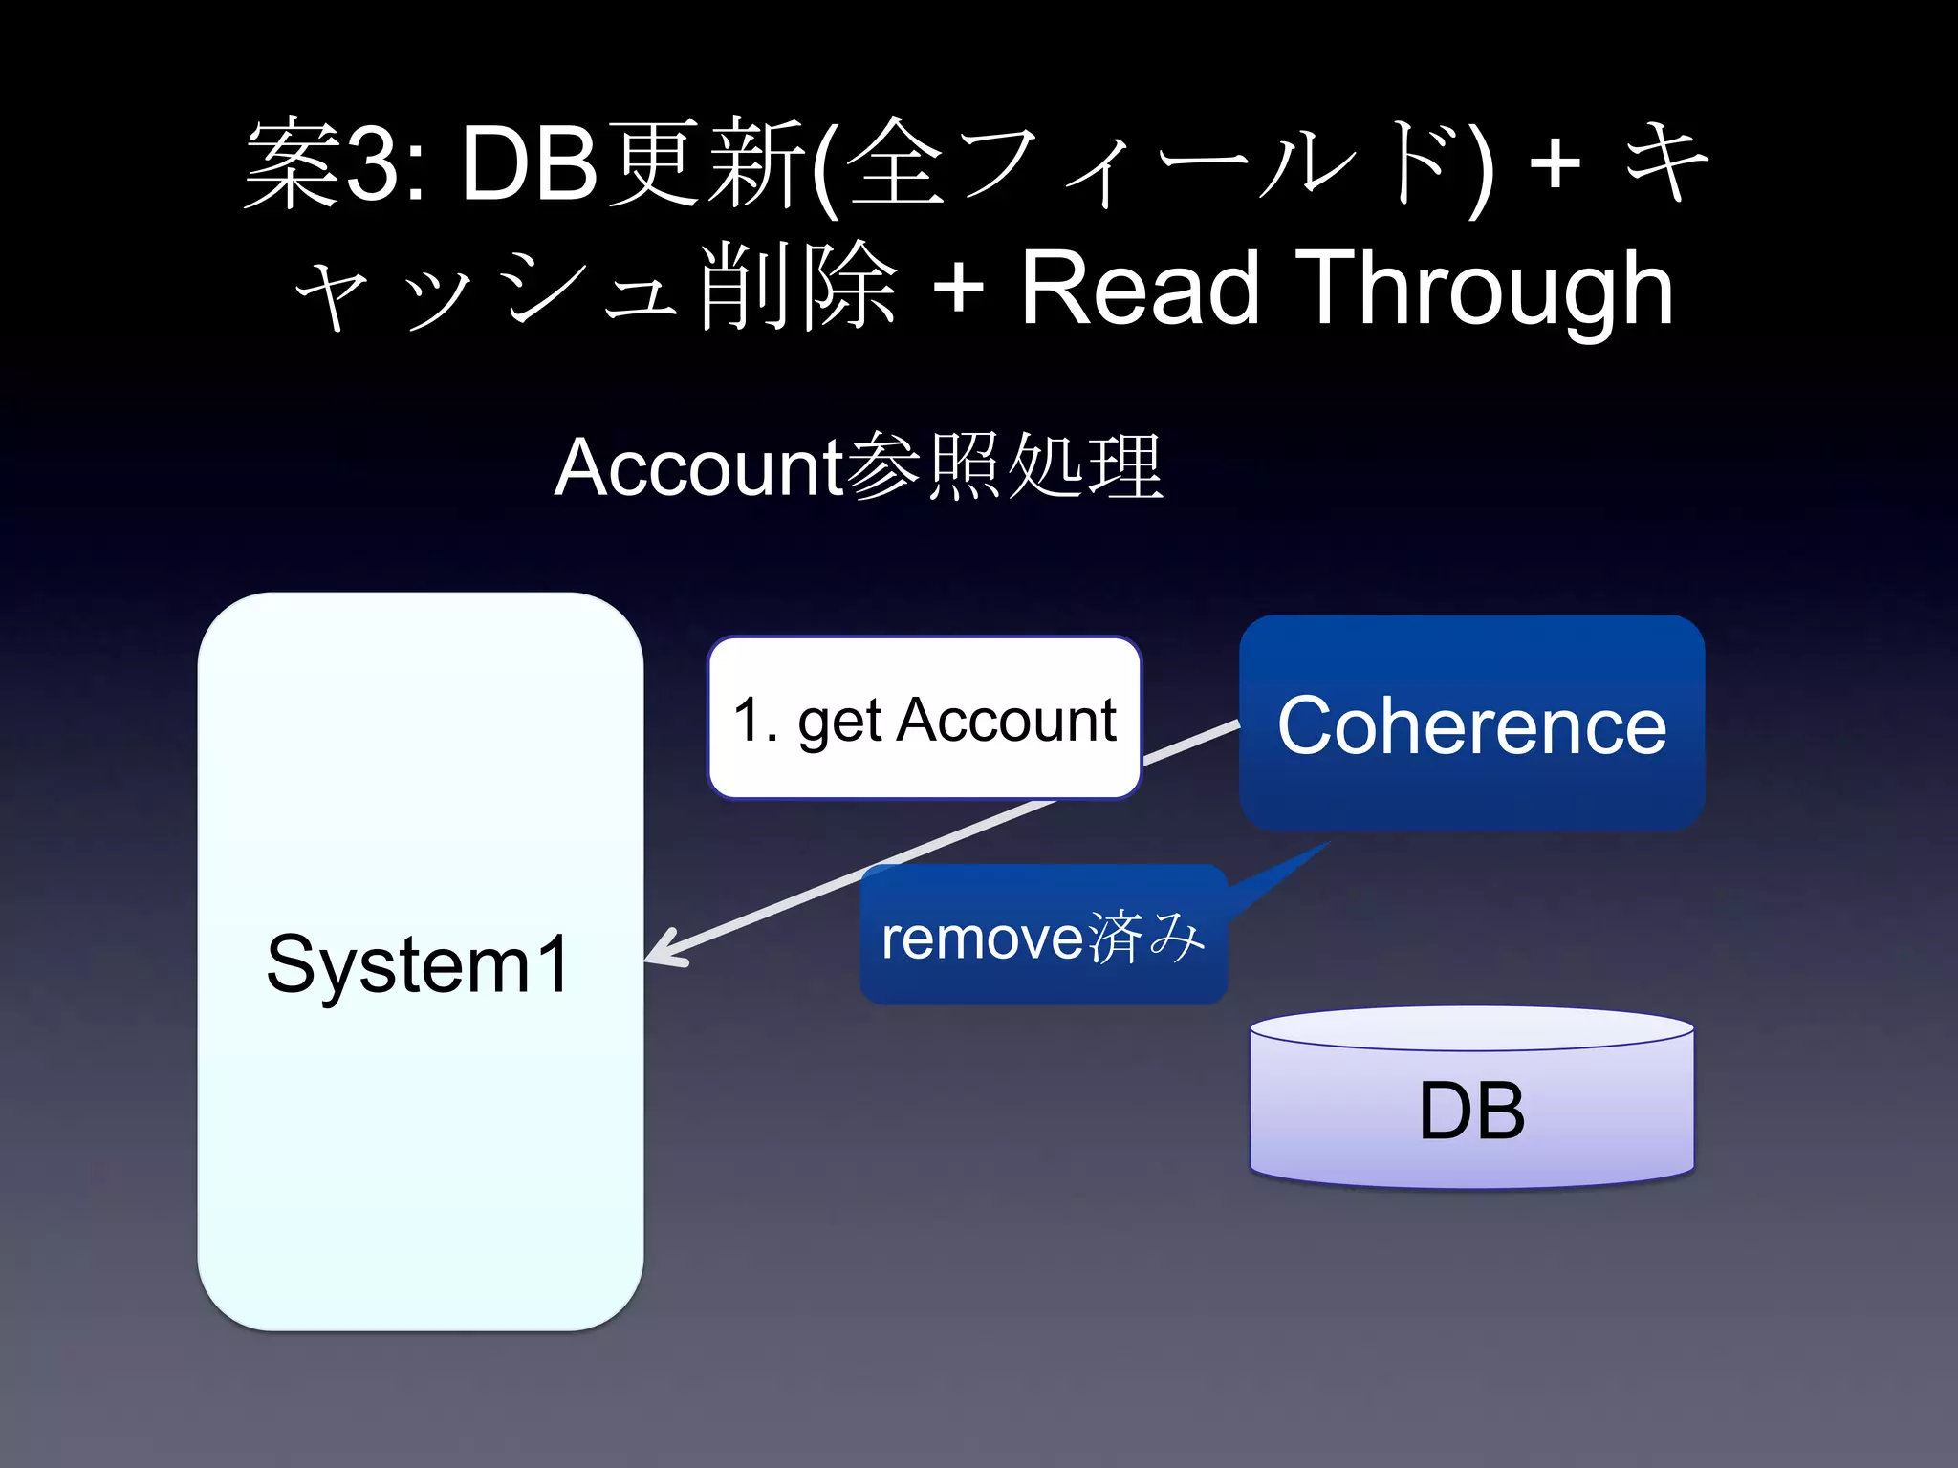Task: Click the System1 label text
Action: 418,963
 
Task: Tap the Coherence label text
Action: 1471,726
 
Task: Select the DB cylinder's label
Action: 1471,1111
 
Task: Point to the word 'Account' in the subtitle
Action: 698,467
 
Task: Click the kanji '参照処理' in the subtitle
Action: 1004,467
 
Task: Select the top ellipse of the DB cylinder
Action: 1471,1028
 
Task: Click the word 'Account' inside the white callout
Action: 1006,720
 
